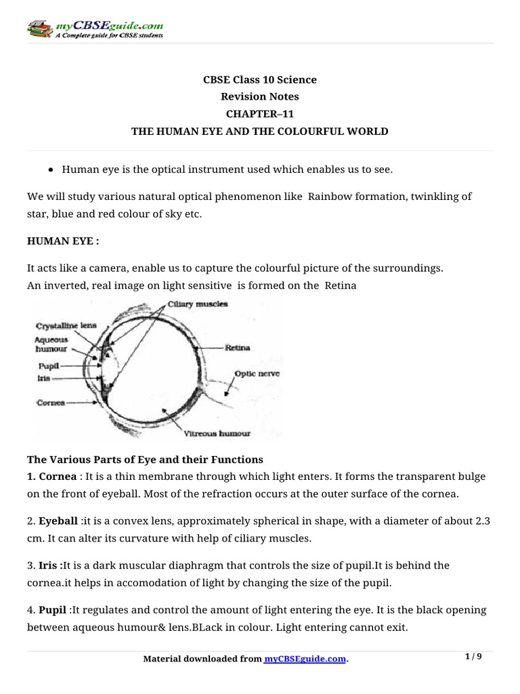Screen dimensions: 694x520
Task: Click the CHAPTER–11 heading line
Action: [x=260, y=114]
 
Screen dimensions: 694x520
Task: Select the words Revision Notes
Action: [x=260, y=96]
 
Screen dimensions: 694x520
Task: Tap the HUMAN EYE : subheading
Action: [x=59, y=242]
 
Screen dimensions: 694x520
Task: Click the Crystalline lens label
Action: [x=66, y=326]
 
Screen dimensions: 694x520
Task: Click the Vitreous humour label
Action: [x=217, y=433]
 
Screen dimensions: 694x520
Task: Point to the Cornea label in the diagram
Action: [x=50, y=402]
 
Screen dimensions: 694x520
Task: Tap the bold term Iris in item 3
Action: [x=47, y=565]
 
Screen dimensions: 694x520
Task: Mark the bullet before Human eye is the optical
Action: [x=51, y=169]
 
